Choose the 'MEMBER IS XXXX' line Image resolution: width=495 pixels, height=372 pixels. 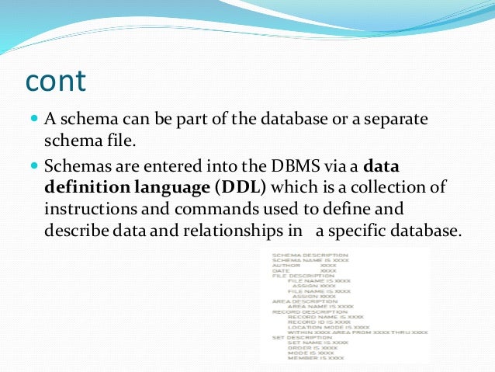click(x=316, y=357)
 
